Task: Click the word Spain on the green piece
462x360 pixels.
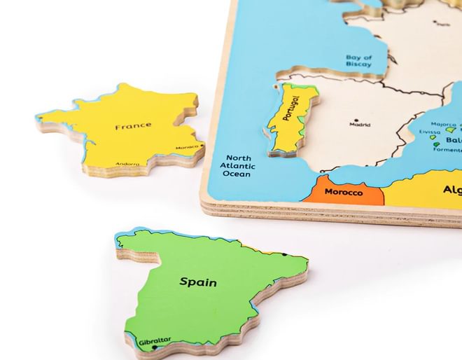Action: [198, 282]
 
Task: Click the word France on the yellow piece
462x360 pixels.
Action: [133, 126]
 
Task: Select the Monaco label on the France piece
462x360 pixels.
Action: [187, 147]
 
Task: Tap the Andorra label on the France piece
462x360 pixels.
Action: [128, 160]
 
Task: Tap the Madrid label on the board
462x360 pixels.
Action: [360, 125]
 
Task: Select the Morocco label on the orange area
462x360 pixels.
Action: [344, 191]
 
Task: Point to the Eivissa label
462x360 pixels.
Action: [430, 132]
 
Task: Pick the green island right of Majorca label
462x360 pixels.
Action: [451, 130]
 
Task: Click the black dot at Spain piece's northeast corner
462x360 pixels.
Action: [284, 254]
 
